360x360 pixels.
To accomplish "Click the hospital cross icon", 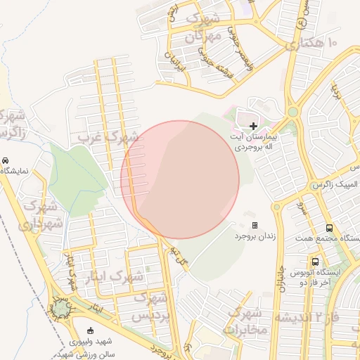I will (254, 125).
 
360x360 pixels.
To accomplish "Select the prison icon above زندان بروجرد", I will (255, 226).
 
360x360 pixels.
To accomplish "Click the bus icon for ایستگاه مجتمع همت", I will (329, 228).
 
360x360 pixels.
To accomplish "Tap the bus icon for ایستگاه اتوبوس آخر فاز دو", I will (316, 261).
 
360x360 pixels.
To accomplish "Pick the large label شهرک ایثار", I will (120, 276).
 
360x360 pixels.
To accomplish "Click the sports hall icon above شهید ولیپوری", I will (89, 330).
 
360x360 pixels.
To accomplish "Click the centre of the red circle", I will (180, 179).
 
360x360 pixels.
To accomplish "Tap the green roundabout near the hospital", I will (292, 112).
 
